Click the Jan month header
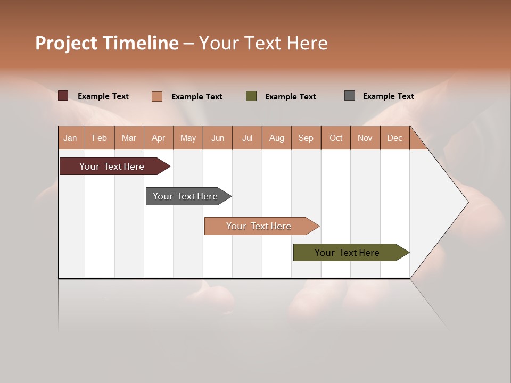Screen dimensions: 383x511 (x=71, y=138)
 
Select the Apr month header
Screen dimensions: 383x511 (x=159, y=138)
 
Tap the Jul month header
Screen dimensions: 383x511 (x=247, y=138)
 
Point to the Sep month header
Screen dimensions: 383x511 (x=306, y=138)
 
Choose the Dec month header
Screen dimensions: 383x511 (x=394, y=138)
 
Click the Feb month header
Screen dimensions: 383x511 (x=100, y=138)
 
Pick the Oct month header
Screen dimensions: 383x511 (x=336, y=138)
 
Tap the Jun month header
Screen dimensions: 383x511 (x=218, y=138)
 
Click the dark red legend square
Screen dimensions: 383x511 (x=63, y=96)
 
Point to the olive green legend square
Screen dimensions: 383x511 (x=251, y=96)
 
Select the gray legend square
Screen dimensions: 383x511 (x=350, y=96)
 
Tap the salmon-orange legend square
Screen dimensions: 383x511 (x=157, y=96)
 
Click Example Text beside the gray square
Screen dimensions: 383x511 (x=388, y=96)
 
